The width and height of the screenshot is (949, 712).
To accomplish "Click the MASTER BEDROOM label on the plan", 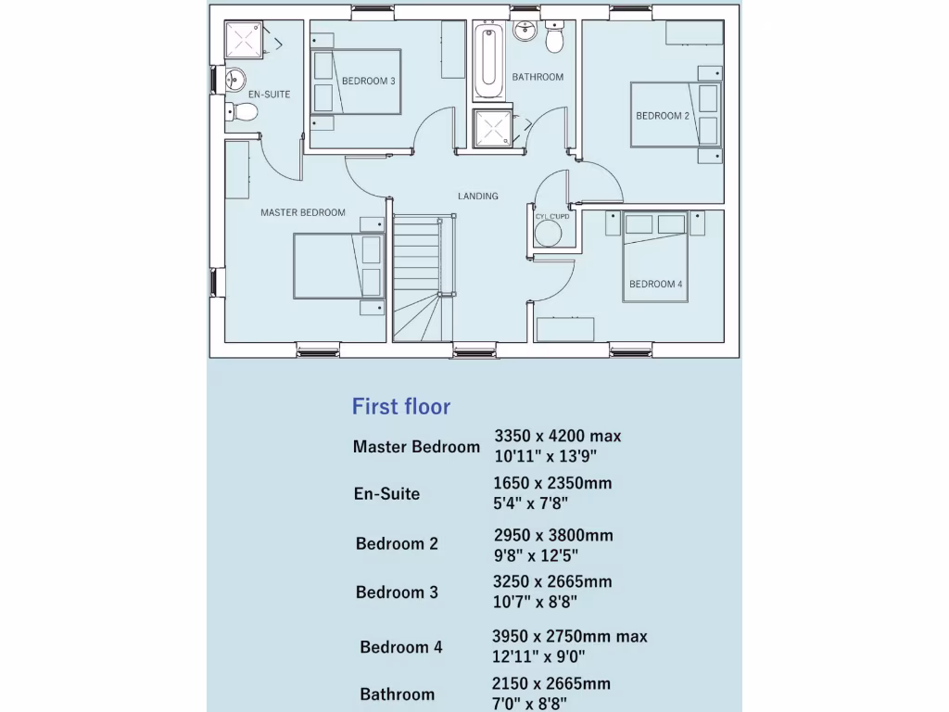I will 302,212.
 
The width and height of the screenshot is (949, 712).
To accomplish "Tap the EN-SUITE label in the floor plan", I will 269,95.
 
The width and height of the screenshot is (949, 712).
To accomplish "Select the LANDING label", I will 477,196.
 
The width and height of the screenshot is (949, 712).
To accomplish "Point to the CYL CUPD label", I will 552,216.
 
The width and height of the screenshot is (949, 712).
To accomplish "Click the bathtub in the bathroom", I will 486,63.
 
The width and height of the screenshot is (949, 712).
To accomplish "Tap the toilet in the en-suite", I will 244,111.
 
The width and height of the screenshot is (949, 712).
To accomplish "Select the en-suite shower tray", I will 244,39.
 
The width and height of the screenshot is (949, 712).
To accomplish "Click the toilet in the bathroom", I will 555,39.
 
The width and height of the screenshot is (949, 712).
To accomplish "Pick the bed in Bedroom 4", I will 654,260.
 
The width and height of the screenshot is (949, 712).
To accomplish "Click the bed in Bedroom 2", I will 675,115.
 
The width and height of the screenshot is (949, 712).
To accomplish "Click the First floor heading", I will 401,406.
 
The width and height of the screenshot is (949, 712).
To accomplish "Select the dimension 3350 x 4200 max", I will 557,436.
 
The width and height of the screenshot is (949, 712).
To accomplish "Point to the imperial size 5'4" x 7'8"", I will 530,503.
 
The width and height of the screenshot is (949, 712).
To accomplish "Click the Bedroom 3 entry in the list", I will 397,591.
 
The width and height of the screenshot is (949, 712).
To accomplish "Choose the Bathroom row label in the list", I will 397,693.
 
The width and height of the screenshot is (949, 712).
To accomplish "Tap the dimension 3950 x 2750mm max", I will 569,636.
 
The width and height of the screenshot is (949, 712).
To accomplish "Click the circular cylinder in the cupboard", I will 548,233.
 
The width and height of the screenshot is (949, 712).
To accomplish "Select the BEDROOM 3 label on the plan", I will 368,82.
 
